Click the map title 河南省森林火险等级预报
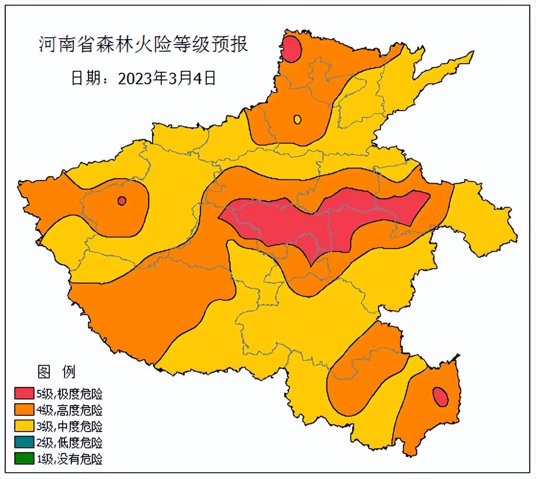pos(143,45)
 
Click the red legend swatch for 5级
pos(24,394)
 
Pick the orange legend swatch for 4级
pos(24,410)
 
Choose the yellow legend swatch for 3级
pos(24,426)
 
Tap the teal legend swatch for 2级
pos(24,442)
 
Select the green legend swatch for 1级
pos(24,458)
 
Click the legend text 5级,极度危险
pos(69,394)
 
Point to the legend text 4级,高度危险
pos(69,411)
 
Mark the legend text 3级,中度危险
pos(69,426)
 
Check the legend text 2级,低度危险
pos(69,443)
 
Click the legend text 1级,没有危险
pos(69,459)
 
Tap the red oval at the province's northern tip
pos(291,49)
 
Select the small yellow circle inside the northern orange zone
pos(297,119)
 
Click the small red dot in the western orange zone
pos(122,201)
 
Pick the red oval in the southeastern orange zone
pos(440,397)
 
